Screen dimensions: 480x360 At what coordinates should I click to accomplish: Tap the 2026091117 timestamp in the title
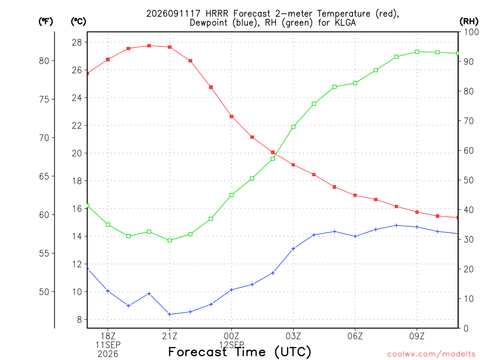click(173, 14)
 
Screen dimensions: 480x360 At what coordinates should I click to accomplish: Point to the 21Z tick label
click(170, 336)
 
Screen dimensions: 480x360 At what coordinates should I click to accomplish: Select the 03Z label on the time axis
click(293, 336)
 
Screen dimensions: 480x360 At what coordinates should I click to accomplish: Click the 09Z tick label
click(417, 336)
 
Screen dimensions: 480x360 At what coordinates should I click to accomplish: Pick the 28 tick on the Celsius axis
click(77, 42)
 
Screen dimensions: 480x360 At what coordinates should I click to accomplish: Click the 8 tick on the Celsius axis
click(79, 320)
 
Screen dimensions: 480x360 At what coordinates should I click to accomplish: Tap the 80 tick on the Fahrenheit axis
click(44, 60)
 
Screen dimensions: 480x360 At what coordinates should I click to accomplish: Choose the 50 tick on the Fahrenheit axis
click(44, 292)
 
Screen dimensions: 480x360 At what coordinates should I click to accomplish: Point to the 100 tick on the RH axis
click(472, 32)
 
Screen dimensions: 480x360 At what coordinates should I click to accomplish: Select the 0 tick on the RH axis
click(466, 328)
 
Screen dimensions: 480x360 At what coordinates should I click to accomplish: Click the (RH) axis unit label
click(469, 21)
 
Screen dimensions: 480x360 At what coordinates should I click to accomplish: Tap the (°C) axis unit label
click(79, 21)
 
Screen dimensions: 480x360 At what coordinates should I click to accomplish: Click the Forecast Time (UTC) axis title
click(240, 352)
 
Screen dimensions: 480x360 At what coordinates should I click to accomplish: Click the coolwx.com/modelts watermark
click(431, 354)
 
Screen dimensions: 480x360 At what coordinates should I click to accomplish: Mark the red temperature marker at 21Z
click(170, 47)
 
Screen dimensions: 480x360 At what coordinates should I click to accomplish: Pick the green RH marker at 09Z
click(417, 52)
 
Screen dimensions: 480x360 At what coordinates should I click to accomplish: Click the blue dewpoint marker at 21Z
click(170, 315)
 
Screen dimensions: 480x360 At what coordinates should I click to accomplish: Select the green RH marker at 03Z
click(293, 127)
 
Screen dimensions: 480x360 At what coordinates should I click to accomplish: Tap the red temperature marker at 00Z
click(232, 117)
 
